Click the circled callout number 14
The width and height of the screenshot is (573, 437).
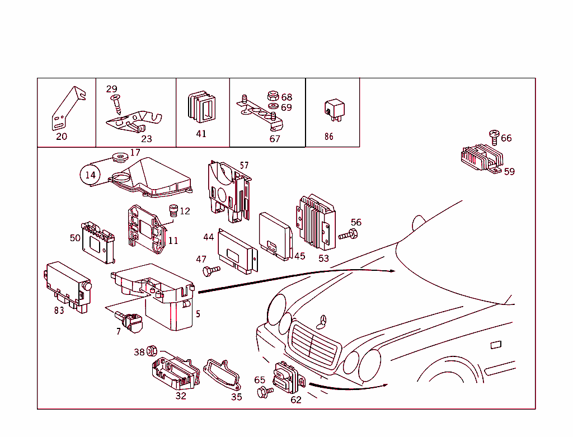point(91,175)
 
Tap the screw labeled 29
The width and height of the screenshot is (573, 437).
point(116,103)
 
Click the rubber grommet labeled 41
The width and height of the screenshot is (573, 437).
point(201,107)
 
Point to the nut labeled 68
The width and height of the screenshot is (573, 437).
point(274,96)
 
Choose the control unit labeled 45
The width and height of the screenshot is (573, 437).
point(275,235)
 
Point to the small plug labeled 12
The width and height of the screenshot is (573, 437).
point(173,212)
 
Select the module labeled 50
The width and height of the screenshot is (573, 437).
point(99,239)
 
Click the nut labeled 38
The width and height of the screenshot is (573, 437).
point(151,352)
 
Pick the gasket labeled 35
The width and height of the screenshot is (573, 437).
point(222,374)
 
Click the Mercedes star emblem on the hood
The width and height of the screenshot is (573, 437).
point(322,322)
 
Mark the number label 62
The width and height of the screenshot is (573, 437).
point(295,400)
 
